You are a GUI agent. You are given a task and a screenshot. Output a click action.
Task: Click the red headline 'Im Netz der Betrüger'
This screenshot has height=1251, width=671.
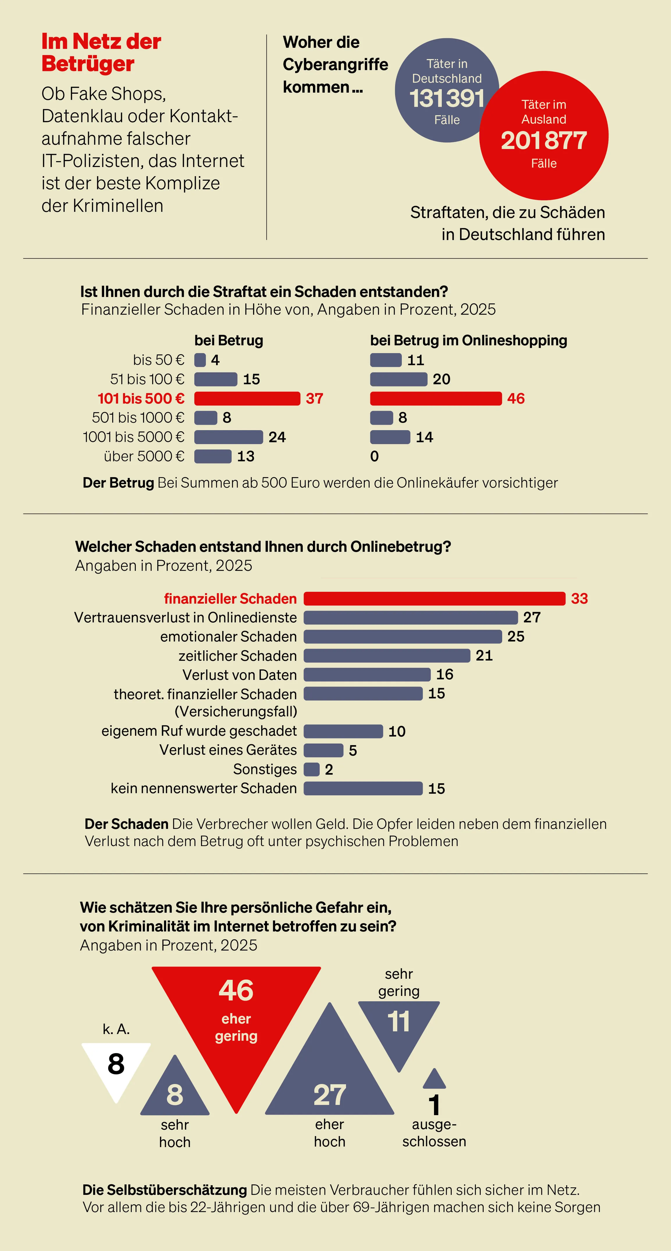coord(101,52)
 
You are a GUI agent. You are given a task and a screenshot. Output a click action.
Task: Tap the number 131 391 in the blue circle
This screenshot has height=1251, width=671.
coord(447,99)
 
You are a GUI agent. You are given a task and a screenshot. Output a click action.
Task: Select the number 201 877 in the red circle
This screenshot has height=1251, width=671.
coord(544,141)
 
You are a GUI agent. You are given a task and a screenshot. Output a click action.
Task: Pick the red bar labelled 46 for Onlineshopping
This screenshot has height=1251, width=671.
coord(435,399)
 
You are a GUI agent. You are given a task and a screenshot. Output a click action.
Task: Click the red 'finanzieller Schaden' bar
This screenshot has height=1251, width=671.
coord(434,598)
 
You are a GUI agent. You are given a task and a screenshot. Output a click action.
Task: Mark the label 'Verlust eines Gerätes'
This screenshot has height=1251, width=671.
coord(228,750)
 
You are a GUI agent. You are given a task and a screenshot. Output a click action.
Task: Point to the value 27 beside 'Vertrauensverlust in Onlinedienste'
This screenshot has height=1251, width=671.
coord(532,617)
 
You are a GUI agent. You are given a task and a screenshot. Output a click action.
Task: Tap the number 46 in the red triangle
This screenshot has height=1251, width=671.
coord(236,991)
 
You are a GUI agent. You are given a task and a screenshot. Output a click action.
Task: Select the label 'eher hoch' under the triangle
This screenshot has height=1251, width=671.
coord(329,1133)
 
